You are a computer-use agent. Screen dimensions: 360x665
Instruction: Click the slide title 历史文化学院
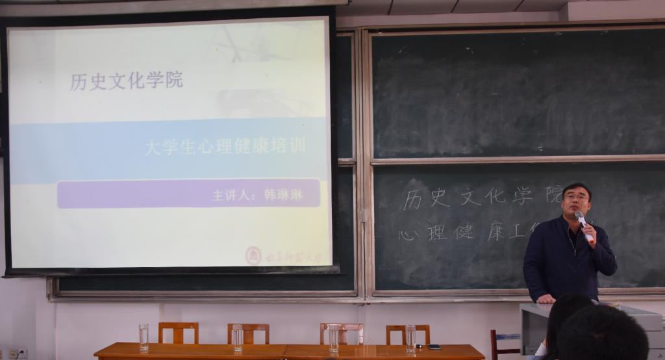[127, 81]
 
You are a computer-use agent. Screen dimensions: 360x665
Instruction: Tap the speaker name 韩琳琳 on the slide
[283, 194]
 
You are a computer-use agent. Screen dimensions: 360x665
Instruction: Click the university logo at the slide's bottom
[253, 255]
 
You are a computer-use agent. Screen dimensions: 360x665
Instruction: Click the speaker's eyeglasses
[575, 197]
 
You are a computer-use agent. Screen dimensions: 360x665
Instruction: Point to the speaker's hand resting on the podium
[546, 299]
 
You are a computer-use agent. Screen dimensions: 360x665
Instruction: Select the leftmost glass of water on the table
[144, 337]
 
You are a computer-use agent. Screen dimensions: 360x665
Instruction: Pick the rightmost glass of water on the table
[410, 338]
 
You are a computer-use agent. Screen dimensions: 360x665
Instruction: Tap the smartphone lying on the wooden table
[433, 347]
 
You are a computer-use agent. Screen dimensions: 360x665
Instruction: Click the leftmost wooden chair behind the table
[178, 332]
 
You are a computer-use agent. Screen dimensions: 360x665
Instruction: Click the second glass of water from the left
[238, 337]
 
